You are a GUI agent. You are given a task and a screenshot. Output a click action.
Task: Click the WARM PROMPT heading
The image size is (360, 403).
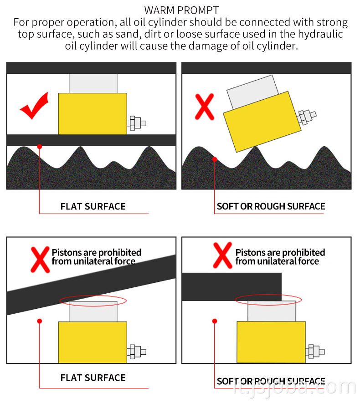[181, 10]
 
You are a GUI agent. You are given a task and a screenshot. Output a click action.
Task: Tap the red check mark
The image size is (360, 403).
[34, 106]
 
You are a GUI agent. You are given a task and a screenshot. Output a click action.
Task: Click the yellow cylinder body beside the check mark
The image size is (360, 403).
[93, 113]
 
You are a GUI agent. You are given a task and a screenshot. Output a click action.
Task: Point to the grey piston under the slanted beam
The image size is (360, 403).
[93, 311]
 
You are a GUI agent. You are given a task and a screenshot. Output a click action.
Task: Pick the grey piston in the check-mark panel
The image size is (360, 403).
[93, 83]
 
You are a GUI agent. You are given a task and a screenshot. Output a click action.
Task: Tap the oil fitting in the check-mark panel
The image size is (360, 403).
[137, 123]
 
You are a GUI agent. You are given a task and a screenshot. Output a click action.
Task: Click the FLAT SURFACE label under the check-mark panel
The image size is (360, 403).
[93, 206]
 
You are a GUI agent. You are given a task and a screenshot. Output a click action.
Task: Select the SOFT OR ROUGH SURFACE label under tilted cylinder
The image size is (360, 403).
[271, 206]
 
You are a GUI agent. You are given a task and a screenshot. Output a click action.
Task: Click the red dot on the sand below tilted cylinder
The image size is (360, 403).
[215, 159]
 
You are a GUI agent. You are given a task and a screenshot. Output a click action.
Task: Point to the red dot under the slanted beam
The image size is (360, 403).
[40, 321]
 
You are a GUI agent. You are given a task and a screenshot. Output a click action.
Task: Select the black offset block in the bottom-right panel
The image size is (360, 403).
[231, 286]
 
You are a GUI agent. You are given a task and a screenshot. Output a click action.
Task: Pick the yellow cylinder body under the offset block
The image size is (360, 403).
[271, 342]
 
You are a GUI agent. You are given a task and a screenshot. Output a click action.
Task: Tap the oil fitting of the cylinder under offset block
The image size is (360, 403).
[315, 351]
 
